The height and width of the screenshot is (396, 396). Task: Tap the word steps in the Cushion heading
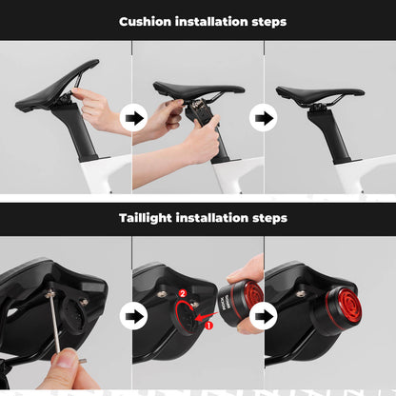point(265,21)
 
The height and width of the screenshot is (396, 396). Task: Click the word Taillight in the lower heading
point(146,218)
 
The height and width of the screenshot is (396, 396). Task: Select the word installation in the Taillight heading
point(212,218)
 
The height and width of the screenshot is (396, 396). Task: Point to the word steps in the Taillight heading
point(267,218)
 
